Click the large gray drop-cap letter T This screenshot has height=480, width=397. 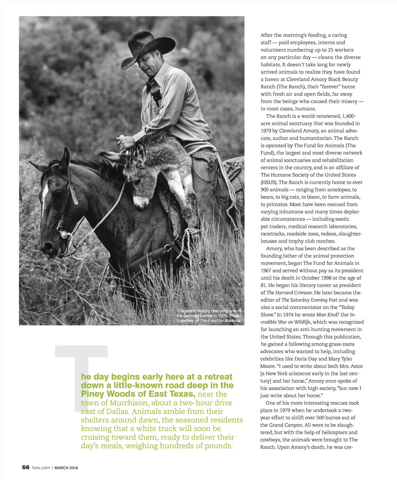pos(81,364)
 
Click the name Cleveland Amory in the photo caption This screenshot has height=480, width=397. pos(192,311)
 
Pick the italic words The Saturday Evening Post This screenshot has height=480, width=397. pos(309,300)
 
